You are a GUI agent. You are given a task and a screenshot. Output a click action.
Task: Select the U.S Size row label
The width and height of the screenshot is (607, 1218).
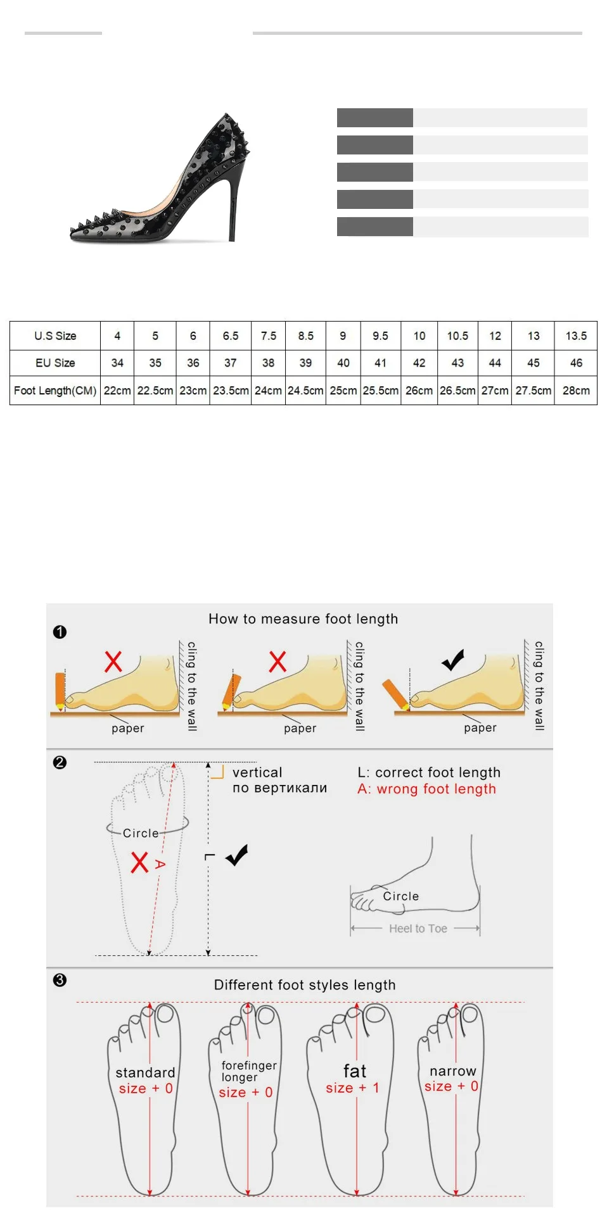point(55,336)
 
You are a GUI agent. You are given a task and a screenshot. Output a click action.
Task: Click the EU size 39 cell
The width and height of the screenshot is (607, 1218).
point(305,363)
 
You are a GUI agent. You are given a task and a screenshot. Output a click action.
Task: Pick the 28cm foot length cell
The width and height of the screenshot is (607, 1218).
point(576,391)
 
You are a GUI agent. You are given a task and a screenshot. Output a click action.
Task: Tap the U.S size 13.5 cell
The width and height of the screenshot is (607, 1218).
point(576,336)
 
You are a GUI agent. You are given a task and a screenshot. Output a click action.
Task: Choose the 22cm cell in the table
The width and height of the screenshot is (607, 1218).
point(117,391)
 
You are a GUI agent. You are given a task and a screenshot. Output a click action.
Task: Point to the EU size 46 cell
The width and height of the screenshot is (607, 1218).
point(576,363)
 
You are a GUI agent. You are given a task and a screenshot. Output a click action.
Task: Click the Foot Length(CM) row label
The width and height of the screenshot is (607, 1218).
point(55,391)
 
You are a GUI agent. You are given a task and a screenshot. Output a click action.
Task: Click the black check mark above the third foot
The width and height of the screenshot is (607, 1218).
point(453,660)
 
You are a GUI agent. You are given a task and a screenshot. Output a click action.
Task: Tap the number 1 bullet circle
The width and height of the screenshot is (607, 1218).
point(60,632)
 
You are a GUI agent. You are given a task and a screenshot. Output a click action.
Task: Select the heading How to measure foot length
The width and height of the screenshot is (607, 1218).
point(303,618)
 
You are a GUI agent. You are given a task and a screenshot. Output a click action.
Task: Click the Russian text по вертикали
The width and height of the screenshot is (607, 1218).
point(280,788)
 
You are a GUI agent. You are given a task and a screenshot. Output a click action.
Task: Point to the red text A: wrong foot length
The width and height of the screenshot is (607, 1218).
point(427,789)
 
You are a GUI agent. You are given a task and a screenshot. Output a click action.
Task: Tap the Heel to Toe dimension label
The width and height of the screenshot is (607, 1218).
point(418,929)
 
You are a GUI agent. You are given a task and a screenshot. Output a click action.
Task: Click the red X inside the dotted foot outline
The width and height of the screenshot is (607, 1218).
point(139,862)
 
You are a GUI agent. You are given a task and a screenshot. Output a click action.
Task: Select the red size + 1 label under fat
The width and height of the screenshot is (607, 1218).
point(352,1088)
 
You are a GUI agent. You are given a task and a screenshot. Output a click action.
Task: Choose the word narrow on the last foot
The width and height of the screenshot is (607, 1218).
point(453,1071)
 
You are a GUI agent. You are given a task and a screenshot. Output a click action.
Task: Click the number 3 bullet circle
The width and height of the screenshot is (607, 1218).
point(60,980)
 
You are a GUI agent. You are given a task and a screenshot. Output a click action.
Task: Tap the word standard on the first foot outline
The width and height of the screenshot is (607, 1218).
point(145,1072)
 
